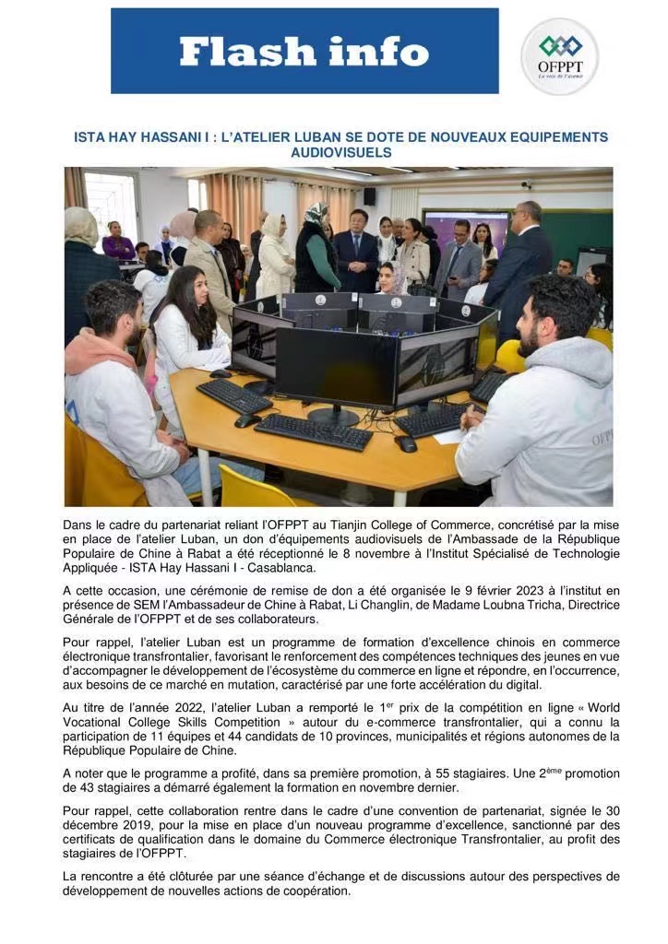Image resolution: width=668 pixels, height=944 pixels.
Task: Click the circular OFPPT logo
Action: coord(560,56)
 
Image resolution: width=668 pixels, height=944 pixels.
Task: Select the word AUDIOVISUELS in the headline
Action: coord(341,152)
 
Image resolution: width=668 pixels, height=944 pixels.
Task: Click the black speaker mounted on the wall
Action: coord(369,196)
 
